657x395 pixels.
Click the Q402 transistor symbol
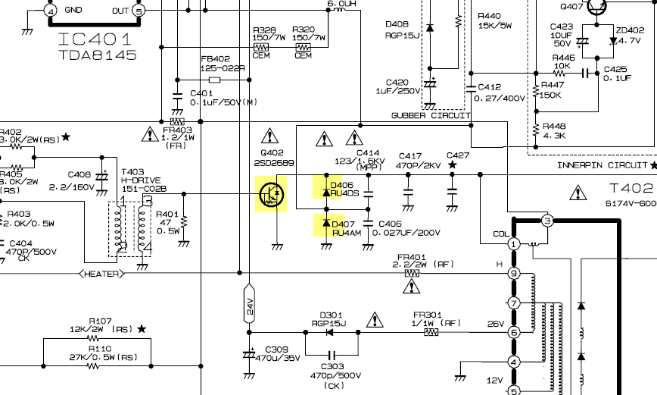(272, 194)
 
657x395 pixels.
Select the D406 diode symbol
(326, 193)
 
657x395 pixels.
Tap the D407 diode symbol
(326, 222)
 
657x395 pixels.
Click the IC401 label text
(95, 39)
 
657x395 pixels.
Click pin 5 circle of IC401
(139, 11)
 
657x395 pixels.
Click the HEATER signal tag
(102, 274)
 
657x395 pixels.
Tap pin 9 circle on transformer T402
(514, 274)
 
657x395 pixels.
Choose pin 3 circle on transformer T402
(546, 221)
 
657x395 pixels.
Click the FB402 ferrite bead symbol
(214, 80)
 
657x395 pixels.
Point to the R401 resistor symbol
(183, 221)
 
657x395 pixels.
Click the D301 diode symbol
(329, 333)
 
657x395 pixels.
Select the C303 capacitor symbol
(332, 355)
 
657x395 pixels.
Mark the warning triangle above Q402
(269, 136)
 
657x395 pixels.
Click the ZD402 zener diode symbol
(613, 41)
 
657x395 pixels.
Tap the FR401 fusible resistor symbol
(412, 274)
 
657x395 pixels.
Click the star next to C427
(452, 165)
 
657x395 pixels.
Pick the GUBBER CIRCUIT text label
(431, 115)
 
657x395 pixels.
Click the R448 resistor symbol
(536, 130)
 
